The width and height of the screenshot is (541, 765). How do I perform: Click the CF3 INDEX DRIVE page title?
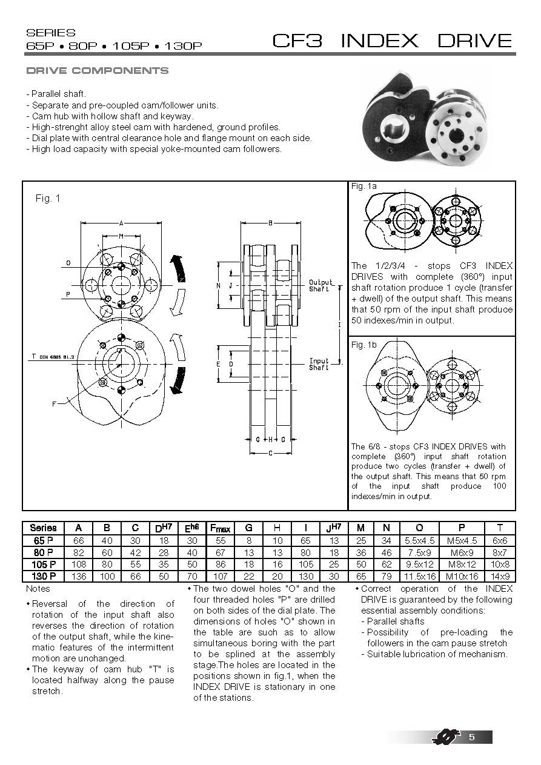coord(392,41)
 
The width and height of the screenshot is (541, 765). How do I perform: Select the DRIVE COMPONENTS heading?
coord(98,71)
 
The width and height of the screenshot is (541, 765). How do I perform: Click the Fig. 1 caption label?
coord(48,198)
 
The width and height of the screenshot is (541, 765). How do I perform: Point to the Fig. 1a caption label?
coord(364,187)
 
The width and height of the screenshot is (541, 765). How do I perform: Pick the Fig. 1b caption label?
coord(364,344)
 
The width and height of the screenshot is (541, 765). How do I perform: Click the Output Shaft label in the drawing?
coord(320,285)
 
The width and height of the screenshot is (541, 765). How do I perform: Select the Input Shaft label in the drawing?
coord(319,364)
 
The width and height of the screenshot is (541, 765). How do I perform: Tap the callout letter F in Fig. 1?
coord(53,404)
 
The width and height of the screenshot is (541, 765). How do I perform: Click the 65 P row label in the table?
coord(42,540)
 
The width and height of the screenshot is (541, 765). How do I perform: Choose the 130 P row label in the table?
coord(42,576)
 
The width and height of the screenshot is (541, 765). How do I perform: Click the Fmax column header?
coord(219,528)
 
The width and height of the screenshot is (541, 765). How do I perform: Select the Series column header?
coord(42,528)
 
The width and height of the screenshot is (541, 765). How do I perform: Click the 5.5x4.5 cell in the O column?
coord(419,540)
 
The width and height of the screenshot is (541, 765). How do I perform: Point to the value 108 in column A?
coord(79,564)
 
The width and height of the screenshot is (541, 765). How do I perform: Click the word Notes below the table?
coord(38,589)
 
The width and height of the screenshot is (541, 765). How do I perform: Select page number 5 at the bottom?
coord(471,737)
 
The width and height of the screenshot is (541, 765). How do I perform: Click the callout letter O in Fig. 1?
coord(68,263)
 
